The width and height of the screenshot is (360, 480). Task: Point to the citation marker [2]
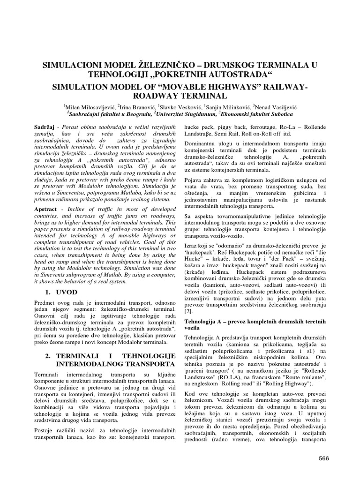point(188,311)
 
